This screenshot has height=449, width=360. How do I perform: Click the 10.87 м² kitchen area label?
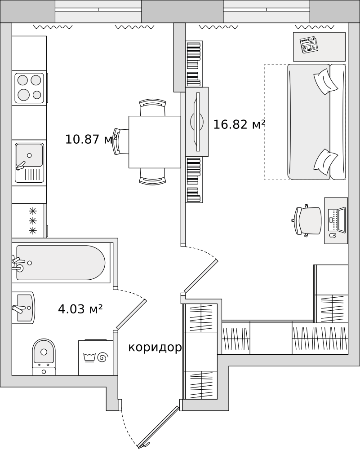(91, 139)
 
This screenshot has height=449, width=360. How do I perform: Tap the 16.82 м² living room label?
(239, 124)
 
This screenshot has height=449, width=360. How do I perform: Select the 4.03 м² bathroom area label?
(80, 309)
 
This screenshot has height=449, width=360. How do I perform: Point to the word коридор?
(155, 348)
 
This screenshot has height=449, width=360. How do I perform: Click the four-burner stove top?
(29, 88)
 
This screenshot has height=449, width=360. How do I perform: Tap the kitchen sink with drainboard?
(29, 163)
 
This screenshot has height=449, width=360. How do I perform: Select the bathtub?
(61, 263)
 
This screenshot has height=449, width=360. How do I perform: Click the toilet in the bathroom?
(44, 357)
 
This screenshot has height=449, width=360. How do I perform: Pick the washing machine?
(96, 358)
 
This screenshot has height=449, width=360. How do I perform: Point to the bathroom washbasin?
(24, 308)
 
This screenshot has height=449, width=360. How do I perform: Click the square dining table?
(155, 142)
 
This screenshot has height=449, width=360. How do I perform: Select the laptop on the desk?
(337, 220)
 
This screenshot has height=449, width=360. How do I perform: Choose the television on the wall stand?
(197, 122)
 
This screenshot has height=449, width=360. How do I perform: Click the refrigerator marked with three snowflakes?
(29, 221)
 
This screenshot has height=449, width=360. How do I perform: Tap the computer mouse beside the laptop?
(333, 235)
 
